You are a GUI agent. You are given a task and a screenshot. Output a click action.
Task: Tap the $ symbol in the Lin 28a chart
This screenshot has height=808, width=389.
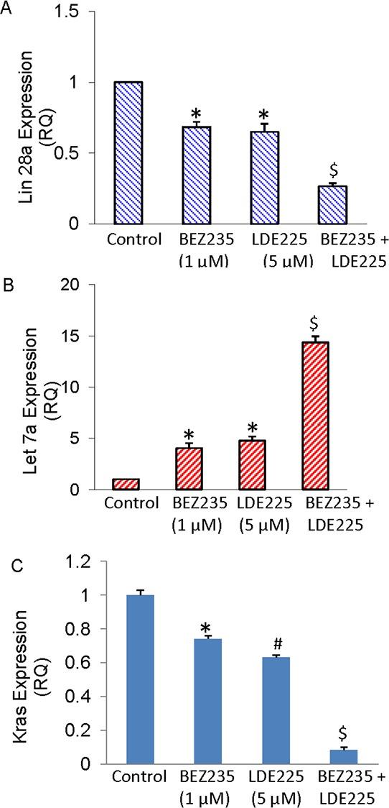pyautogui.click(x=333, y=170)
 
